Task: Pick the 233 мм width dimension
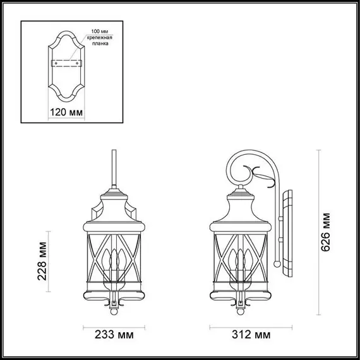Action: (x=115, y=333)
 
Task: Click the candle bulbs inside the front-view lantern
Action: (x=114, y=261)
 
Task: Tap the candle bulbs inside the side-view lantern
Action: (x=241, y=261)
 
